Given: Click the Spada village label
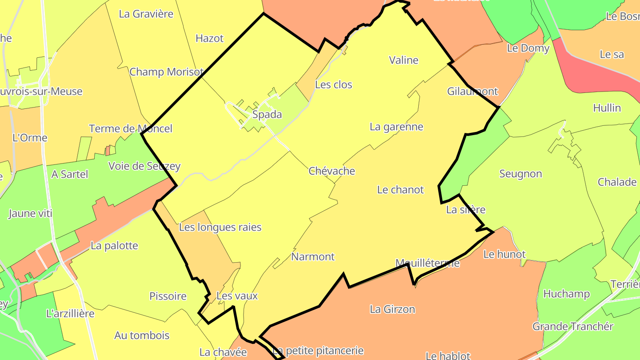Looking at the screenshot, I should click(x=267, y=115).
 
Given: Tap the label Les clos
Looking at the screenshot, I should click(x=333, y=84).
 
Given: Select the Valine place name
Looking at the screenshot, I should click(x=404, y=60).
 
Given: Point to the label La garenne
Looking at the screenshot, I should click(x=396, y=127).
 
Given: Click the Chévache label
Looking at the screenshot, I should click(x=332, y=171).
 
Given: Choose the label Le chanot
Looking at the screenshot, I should click(x=400, y=190).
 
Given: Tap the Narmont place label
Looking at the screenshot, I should click(x=313, y=256).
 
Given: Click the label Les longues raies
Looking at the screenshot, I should click(x=220, y=227).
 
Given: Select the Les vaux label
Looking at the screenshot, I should click(x=237, y=296).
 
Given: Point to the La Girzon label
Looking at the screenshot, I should click(x=392, y=309).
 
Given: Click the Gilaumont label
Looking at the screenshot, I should click(x=472, y=92).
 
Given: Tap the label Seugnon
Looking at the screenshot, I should click(x=520, y=174).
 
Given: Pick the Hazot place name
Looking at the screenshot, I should click(x=209, y=38).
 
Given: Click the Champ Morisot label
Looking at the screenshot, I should click(x=167, y=72).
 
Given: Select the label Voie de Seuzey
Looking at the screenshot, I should click(x=144, y=166).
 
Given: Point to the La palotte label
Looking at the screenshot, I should click(x=114, y=246).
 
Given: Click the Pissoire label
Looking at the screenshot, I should click(x=168, y=296).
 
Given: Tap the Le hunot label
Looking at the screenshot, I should click(x=504, y=255).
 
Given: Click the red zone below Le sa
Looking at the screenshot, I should click(x=596, y=73).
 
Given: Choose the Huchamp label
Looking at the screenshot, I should click(x=567, y=294).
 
